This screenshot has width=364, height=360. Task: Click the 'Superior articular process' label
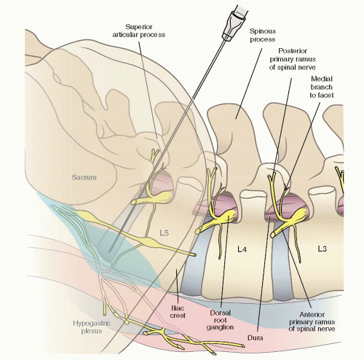[139, 31]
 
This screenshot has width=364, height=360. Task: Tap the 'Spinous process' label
[263, 35]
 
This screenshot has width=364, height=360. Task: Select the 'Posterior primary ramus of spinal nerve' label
[293, 59]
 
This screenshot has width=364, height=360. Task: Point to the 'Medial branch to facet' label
[322, 87]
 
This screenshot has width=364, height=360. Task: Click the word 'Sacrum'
[84, 177]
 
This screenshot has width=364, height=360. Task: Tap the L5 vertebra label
[164, 233]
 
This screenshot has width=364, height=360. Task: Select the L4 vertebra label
[242, 249]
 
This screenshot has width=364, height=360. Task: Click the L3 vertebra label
[322, 249]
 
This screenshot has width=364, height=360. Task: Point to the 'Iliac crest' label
[178, 312]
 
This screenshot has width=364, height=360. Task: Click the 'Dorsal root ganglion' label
[220, 320]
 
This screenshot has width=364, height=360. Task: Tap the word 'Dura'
[255, 337]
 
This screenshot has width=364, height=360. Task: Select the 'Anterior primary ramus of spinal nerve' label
[312, 322]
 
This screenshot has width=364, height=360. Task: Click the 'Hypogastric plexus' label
[92, 327]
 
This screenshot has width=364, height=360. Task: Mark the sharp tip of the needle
[108, 252]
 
